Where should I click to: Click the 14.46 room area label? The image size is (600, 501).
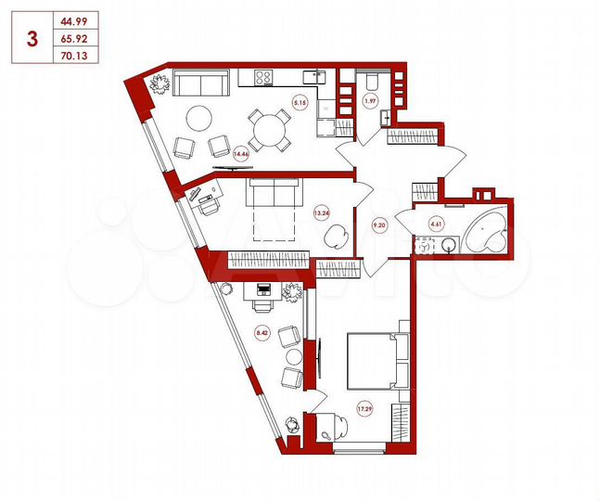(241, 154)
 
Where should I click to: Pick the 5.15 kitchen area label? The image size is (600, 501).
(299, 103)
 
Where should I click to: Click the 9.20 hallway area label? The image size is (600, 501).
(380, 224)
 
